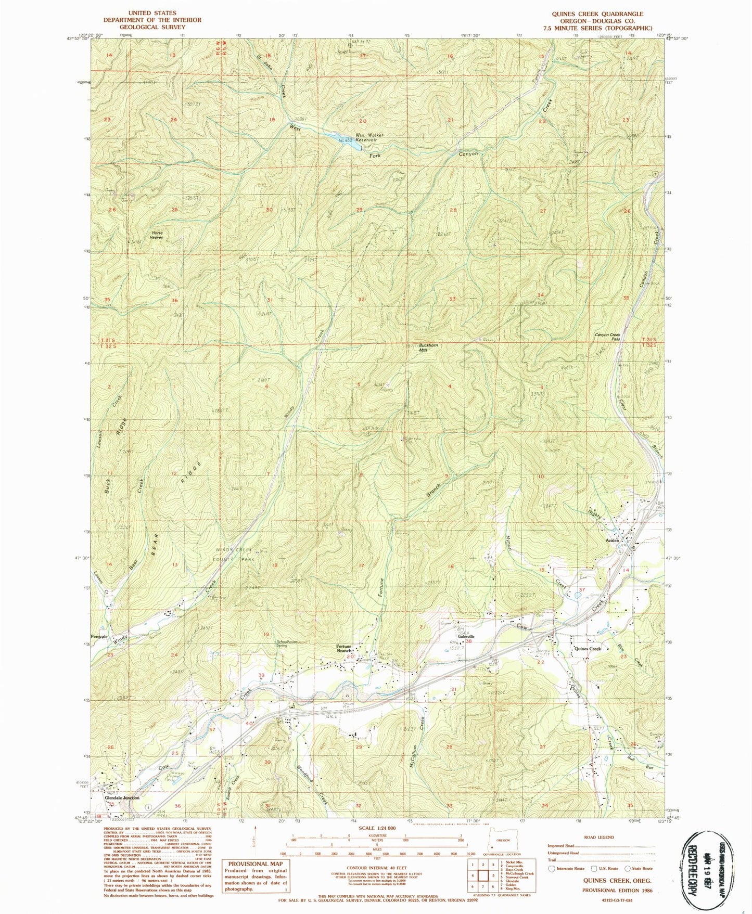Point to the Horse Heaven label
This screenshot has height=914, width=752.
click(x=157, y=235)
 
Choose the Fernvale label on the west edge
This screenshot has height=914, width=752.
click(x=99, y=637)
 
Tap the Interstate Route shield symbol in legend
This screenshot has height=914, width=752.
click(x=552, y=868)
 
